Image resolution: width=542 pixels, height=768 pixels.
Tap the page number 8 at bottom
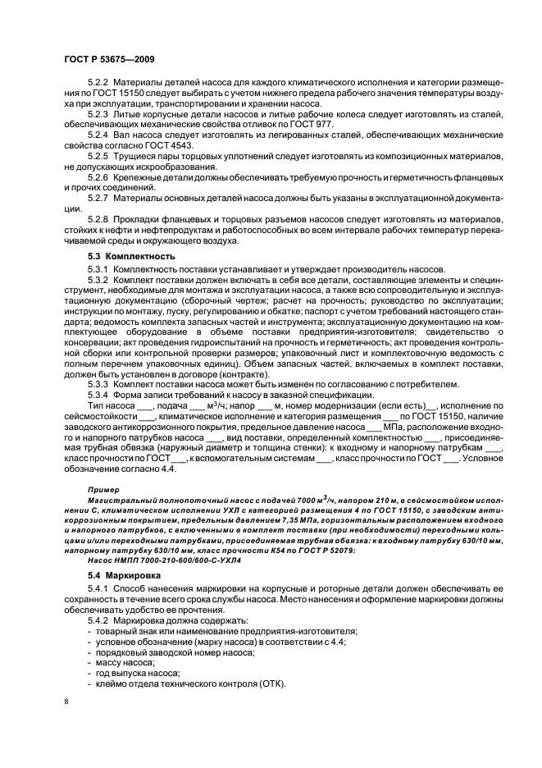point(66,700)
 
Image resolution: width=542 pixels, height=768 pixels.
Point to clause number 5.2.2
point(98,83)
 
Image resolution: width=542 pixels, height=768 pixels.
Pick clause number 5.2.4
point(98,133)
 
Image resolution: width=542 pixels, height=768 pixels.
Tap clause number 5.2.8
point(98,220)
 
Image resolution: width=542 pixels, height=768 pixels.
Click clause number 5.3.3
point(98,383)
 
